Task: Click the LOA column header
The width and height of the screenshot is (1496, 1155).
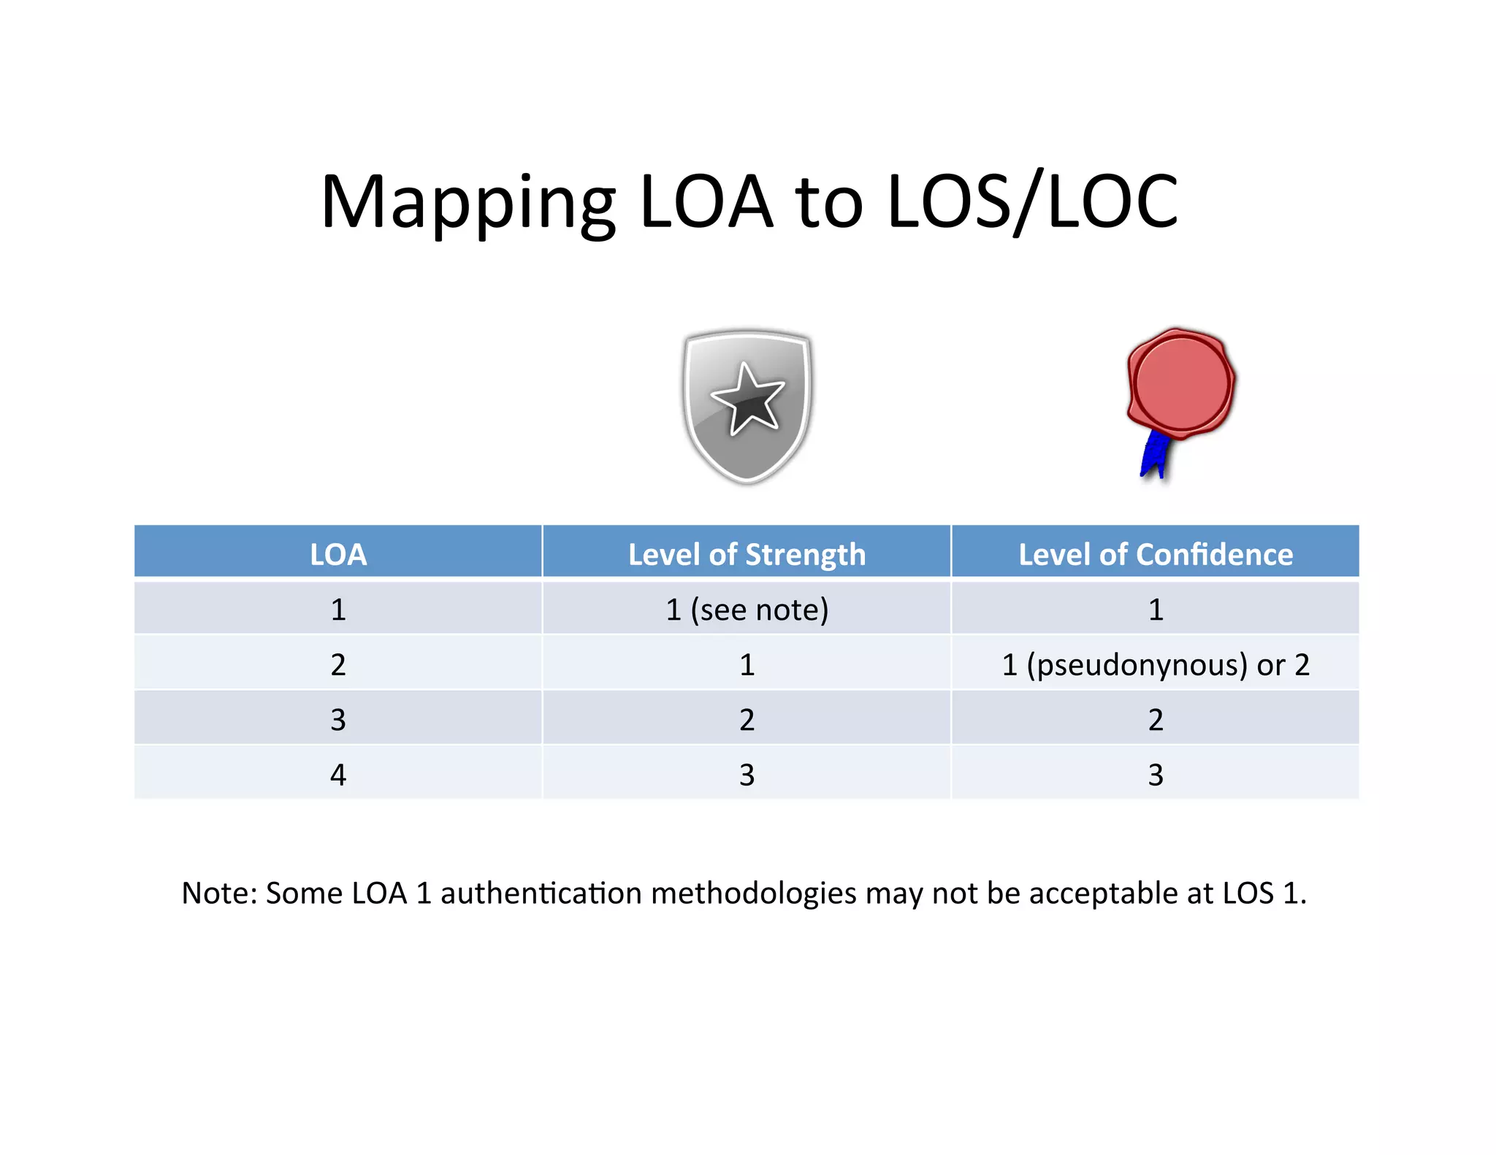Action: tap(338, 554)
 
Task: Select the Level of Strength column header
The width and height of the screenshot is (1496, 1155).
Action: tap(747, 554)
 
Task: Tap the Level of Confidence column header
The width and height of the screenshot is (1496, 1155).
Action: tap(1156, 554)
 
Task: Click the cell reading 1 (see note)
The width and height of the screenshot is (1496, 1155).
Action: tap(747, 610)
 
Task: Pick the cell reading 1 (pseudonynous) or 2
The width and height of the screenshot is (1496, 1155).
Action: tap(1156, 664)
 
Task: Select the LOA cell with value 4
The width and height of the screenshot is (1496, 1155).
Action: tap(338, 775)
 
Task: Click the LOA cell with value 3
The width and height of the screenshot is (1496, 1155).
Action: tap(338, 720)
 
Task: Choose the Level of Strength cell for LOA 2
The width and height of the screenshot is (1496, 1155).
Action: tap(747, 664)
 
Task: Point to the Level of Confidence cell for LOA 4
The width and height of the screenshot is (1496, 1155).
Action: tap(1156, 775)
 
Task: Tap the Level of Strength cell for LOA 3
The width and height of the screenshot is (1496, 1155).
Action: tap(747, 720)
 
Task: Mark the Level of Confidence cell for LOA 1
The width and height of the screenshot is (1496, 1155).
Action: tap(1156, 610)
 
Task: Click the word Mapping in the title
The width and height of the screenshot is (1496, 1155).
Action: tap(467, 202)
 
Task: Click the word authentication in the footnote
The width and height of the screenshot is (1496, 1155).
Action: tap(540, 893)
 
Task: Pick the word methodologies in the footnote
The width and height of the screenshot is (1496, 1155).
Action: tap(753, 893)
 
